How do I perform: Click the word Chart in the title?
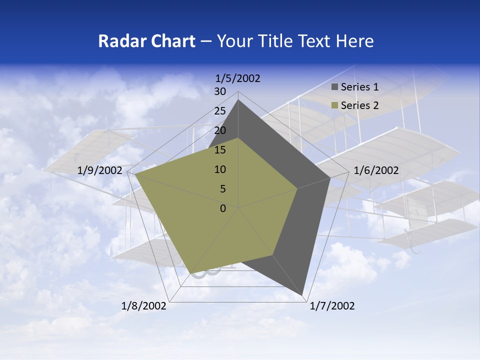coord(171,41)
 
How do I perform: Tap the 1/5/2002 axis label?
coord(238,78)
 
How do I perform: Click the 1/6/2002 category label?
coord(376,170)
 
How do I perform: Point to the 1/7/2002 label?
coord(332,306)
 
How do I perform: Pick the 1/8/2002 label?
coord(144,306)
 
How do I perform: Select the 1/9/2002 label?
coord(100,170)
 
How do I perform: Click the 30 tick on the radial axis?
coord(220,91)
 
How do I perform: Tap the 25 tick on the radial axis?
coord(220,111)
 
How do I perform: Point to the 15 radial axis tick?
coord(220,150)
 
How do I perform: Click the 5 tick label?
coord(222,189)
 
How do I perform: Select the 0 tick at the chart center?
coord(223,208)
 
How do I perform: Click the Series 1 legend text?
coord(359,87)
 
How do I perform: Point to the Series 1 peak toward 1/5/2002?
coord(238,100)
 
